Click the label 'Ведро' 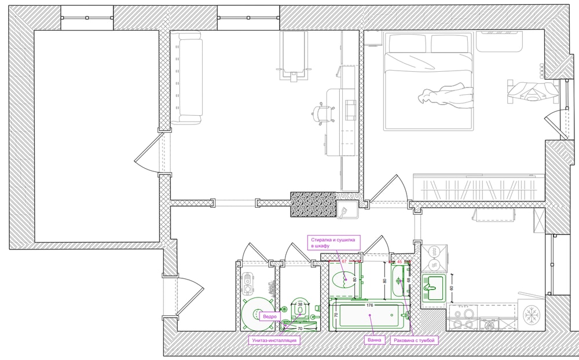[270, 317]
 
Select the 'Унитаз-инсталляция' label [274, 340]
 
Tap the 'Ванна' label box [375, 340]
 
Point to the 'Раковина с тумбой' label [414, 340]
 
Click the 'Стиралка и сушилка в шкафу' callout [334, 243]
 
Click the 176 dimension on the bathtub [369, 305]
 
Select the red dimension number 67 [344, 261]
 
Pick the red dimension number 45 [399, 262]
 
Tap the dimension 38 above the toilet [300, 304]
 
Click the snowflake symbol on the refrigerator [531, 315]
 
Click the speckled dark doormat [313, 204]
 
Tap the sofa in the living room [186, 78]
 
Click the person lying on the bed [446, 95]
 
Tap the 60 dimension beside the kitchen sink [451, 288]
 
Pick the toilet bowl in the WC [299, 308]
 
